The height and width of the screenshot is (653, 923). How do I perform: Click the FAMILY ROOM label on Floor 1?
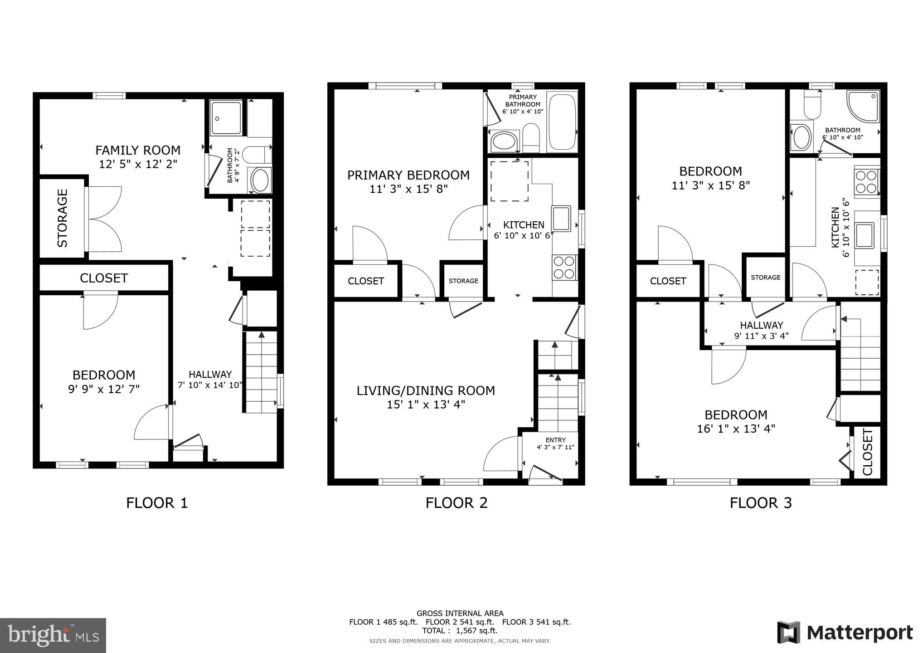(138, 150)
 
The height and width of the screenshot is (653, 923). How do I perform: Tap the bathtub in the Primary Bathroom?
(562, 122)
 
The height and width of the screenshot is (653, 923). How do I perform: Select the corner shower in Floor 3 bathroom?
(862, 106)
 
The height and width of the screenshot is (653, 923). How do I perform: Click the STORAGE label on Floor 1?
(63, 218)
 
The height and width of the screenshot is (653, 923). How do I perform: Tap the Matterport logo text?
(860, 633)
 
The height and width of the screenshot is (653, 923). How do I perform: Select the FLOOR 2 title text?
(456, 503)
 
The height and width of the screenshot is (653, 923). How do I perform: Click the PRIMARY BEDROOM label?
(408, 175)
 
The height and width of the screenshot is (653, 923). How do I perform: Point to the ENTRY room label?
(555, 440)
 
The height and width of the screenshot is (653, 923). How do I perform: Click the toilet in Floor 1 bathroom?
(256, 155)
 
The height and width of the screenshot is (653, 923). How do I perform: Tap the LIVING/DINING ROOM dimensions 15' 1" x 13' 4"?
(426, 404)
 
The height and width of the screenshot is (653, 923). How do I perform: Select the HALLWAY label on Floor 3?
(761, 325)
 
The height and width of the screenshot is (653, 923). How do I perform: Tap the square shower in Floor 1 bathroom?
(227, 118)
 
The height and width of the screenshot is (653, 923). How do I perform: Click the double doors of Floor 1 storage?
(104, 219)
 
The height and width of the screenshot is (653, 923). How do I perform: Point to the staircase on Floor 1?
(261, 372)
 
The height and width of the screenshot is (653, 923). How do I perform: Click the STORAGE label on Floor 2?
(463, 281)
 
